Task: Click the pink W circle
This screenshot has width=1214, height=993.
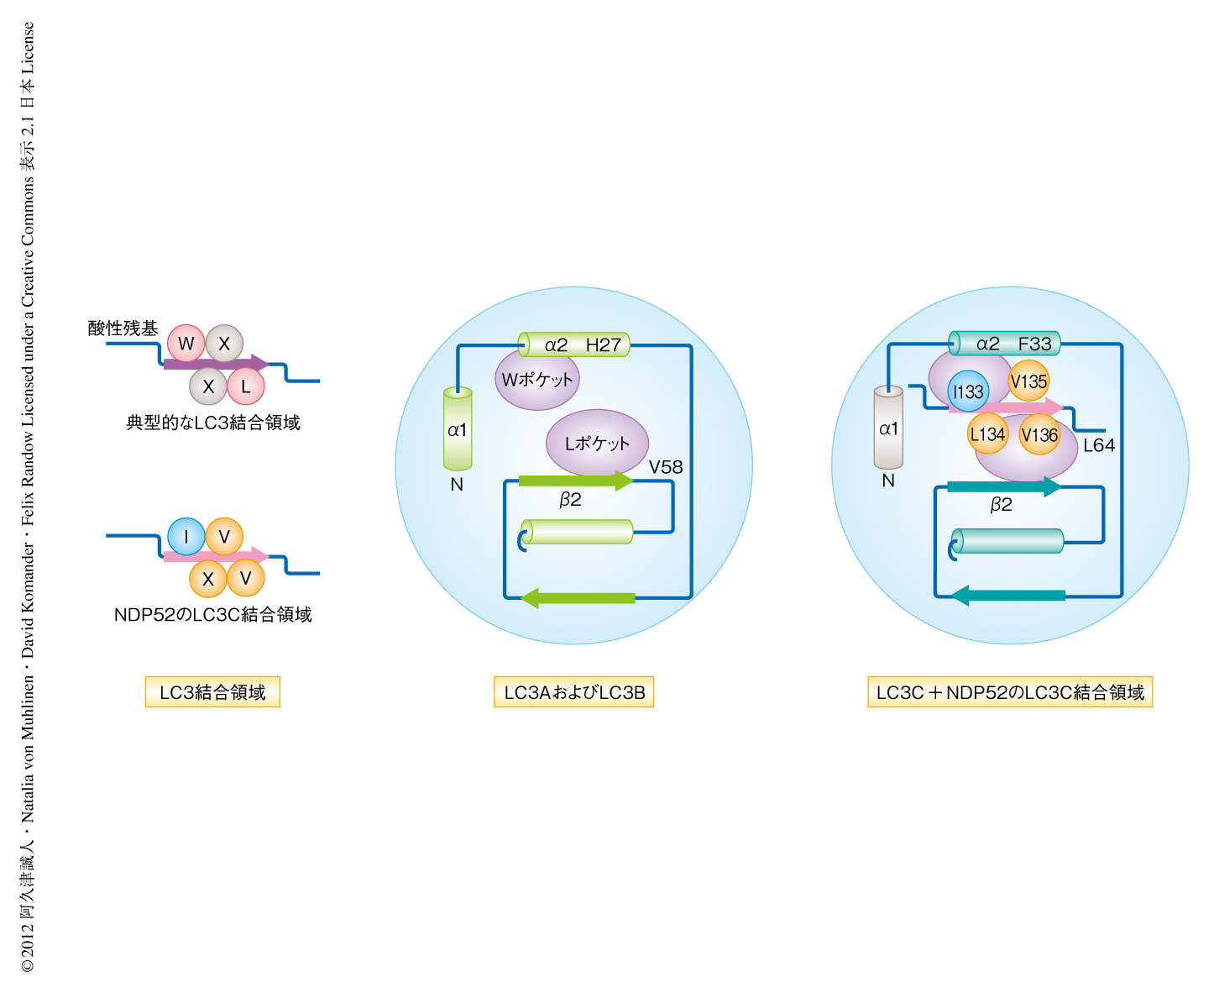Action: tap(186, 344)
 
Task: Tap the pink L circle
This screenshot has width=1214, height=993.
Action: tap(246, 386)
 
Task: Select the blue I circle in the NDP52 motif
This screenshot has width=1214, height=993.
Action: tap(186, 537)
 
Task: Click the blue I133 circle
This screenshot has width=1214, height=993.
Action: tap(968, 391)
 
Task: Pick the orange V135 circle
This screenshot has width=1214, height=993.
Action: tap(1028, 381)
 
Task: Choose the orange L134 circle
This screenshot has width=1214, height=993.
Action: tap(987, 434)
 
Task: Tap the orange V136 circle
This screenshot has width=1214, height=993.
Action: tap(1039, 435)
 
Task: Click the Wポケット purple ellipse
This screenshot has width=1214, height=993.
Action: tap(537, 380)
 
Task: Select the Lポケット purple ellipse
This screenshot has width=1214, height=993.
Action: tap(597, 443)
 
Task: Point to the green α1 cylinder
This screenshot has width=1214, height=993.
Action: tap(458, 429)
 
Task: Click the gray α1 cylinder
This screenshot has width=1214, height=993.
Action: tap(888, 428)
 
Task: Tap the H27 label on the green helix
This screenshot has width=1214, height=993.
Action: tap(604, 344)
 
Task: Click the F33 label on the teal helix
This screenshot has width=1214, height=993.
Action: tap(1034, 344)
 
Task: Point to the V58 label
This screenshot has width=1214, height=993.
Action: tap(666, 467)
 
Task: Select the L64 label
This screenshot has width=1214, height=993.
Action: tap(1099, 445)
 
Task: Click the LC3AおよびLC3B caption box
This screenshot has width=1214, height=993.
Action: tap(574, 692)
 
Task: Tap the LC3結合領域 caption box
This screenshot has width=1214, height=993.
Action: tap(212, 692)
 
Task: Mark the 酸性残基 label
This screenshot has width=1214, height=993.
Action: tap(123, 328)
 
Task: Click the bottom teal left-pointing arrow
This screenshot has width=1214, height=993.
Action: tap(1007, 596)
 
